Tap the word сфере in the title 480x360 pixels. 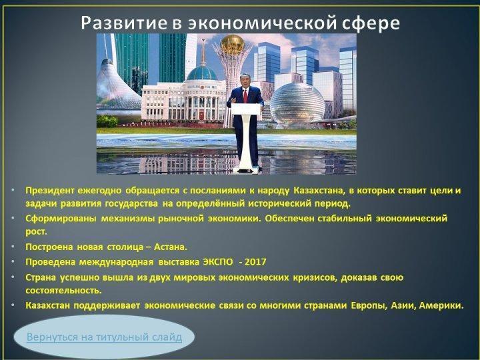point(371,23)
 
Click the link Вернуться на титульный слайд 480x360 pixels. point(105,337)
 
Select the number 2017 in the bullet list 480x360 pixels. point(255,262)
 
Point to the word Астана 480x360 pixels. point(170,247)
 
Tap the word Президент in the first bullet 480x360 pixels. point(50,191)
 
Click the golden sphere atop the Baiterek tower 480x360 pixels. point(233,45)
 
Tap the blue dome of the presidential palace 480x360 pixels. point(202,73)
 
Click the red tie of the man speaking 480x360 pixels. point(245,95)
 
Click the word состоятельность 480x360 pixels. point(64,291)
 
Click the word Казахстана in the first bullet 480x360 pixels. point(319,191)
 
